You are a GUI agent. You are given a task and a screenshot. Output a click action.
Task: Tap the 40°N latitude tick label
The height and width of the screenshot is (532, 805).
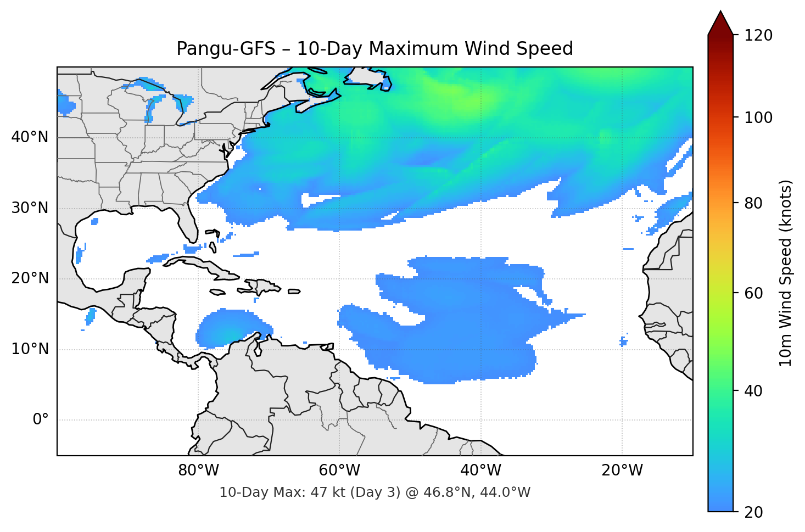click(x=30, y=137)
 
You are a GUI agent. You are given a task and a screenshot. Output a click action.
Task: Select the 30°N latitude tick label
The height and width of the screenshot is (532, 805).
click(x=30, y=208)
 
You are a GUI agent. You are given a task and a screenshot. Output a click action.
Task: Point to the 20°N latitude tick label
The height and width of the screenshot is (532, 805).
click(x=30, y=278)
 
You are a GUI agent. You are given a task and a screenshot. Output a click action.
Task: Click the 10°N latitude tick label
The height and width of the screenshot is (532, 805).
click(x=30, y=349)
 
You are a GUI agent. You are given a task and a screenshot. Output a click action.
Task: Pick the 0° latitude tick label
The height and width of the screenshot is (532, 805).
click(x=40, y=420)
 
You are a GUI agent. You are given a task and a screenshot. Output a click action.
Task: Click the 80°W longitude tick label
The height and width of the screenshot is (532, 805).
click(x=198, y=471)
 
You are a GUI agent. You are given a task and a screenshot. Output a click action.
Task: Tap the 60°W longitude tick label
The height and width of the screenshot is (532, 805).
click(x=339, y=471)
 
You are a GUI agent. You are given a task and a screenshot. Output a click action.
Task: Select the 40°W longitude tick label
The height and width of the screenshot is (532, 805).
click(x=480, y=471)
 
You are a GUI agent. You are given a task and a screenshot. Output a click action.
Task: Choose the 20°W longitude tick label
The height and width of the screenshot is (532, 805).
click(x=622, y=471)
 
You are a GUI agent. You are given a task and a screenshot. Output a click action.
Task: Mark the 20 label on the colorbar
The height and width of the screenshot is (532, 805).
click(x=753, y=512)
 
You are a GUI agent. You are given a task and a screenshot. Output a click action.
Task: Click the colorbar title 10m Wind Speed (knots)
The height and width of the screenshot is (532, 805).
click(x=786, y=273)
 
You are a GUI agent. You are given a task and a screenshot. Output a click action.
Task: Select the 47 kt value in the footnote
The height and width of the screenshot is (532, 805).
click(x=323, y=492)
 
